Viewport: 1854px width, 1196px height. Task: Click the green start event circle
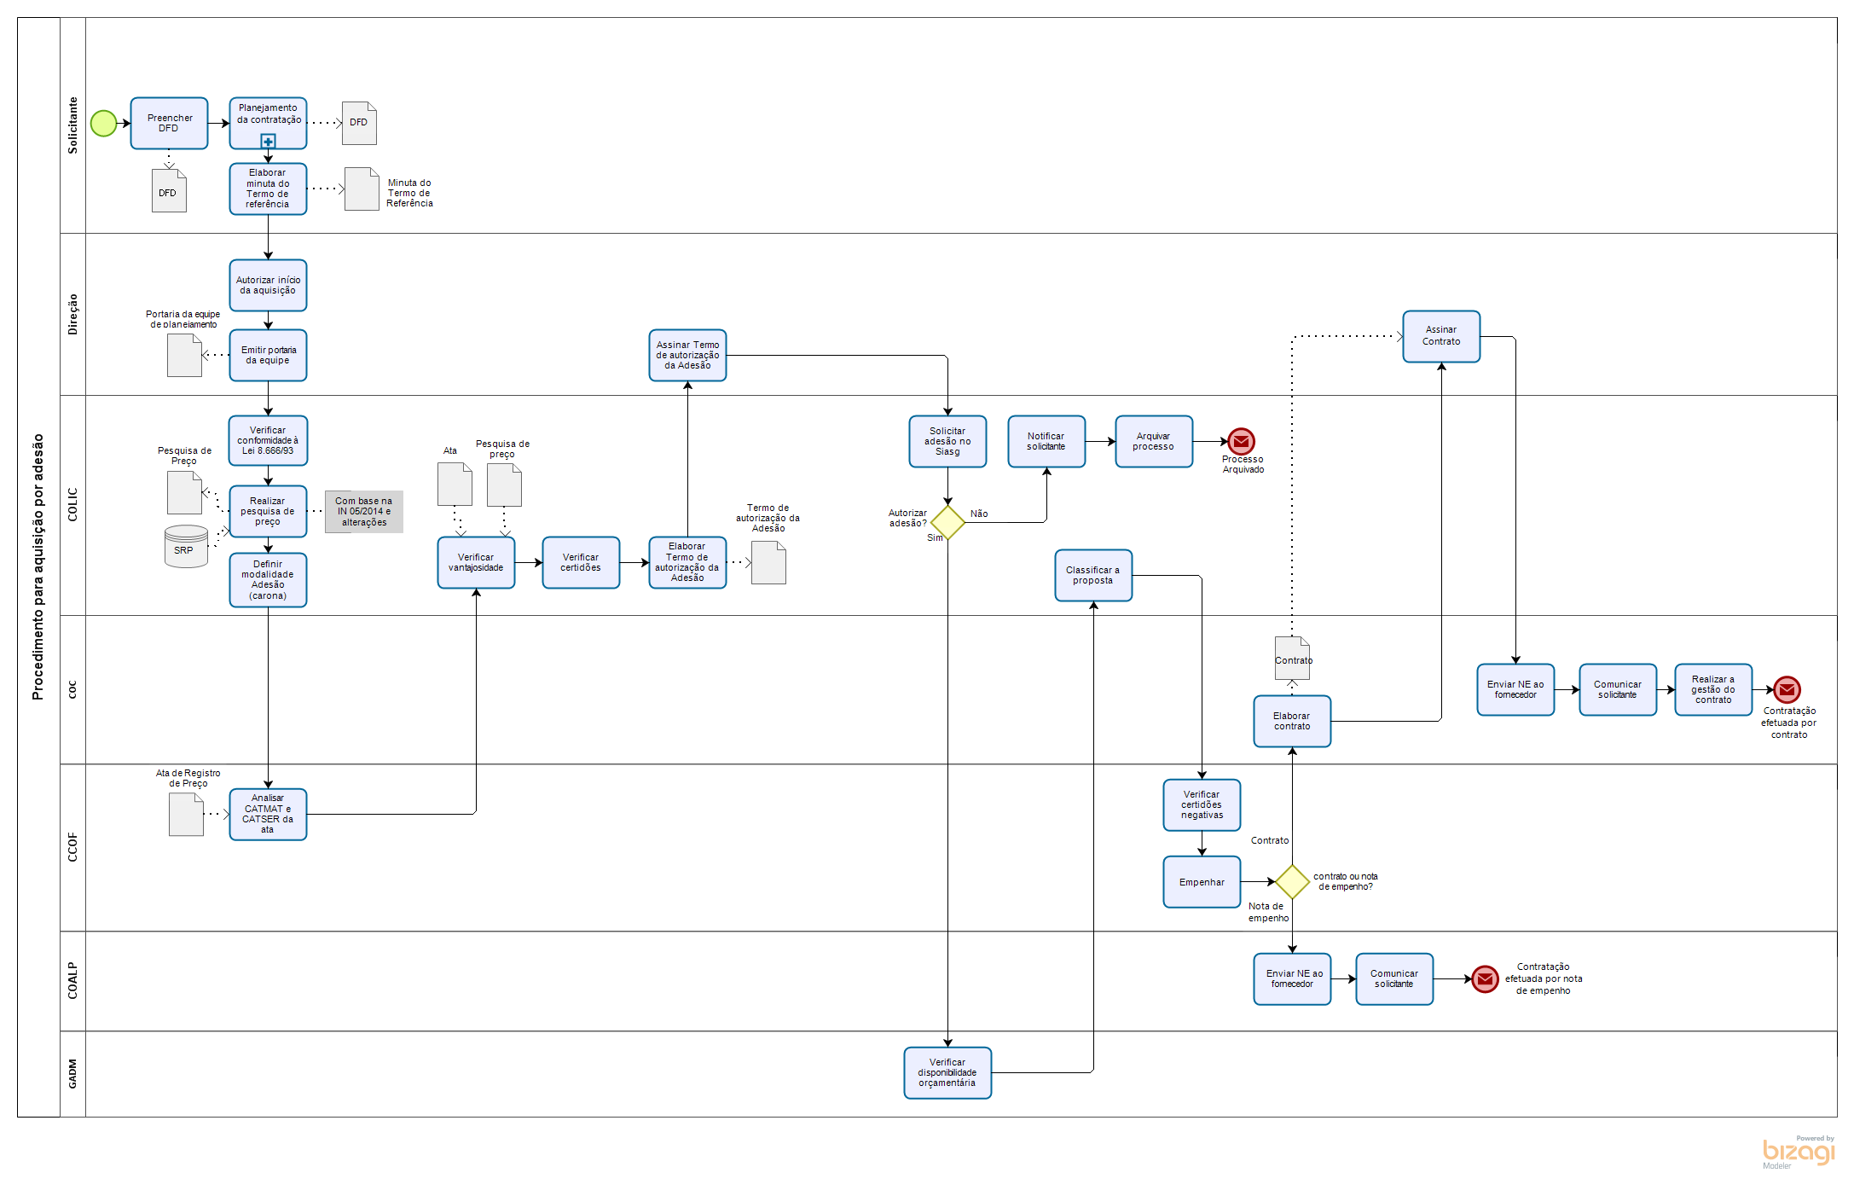(103, 124)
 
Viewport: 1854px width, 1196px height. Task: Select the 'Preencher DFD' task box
(169, 124)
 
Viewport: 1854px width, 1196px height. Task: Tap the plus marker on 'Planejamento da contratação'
(268, 142)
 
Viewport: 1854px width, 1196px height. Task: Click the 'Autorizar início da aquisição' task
(268, 286)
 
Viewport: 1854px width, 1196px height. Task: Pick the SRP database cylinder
(186, 546)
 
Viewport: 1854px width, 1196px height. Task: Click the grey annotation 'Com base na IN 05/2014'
(363, 512)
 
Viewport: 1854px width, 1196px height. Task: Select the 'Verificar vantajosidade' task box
(476, 563)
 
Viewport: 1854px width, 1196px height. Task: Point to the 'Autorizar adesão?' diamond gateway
(947, 522)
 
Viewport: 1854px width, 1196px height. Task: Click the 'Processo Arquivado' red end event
(1241, 442)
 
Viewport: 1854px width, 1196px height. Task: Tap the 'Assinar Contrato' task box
(1441, 336)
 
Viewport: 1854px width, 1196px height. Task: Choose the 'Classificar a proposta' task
(1093, 576)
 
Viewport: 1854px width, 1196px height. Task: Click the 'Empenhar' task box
(1202, 882)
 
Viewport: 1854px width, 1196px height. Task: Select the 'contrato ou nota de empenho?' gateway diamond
(1292, 882)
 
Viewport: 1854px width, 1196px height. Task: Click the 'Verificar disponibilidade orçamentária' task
(947, 1073)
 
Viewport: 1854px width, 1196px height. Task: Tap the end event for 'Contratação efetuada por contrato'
(1787, 689)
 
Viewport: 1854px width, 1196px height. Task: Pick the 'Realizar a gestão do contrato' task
(1713, 689)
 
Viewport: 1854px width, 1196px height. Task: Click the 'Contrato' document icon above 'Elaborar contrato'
(1292, 658)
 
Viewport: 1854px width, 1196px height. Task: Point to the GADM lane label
(72, 1074)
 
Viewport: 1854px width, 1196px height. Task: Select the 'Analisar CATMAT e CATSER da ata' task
(268, 815)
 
